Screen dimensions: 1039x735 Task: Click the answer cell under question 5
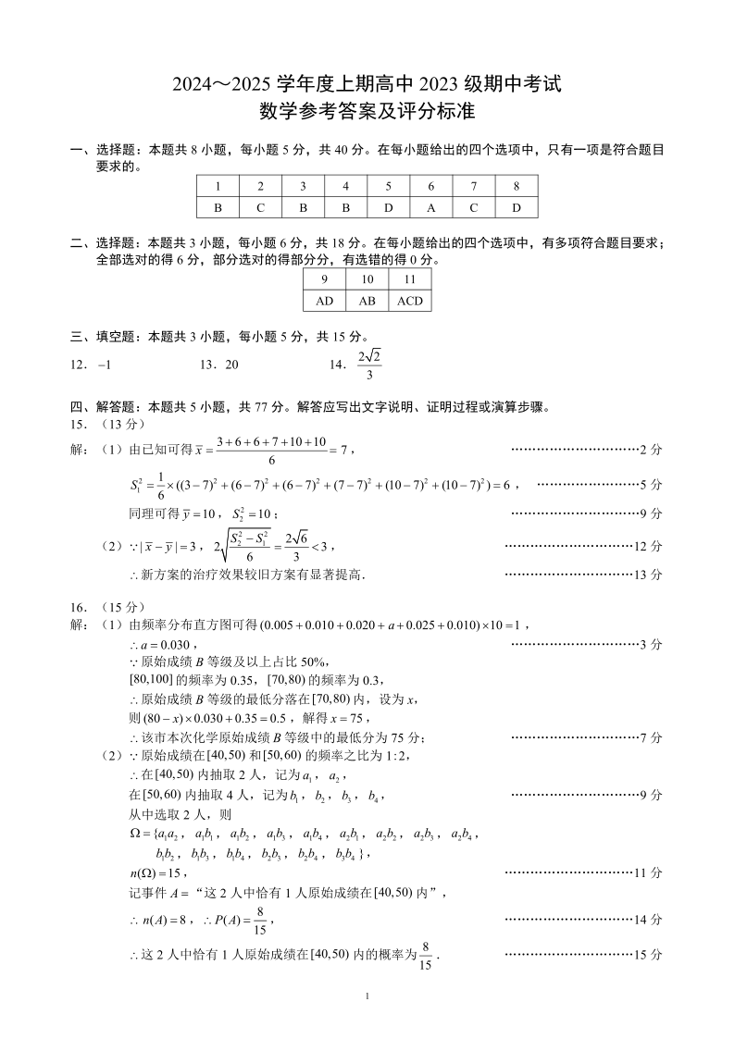pyautogui.click(x=389, y=207)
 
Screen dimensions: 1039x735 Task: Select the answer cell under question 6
pyautogui.click(x=431, y=207)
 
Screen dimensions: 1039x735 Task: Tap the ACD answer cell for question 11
pyautogui.click(x=409, y=301)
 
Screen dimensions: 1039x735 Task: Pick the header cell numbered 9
pyautogui.click(x=324, y=278)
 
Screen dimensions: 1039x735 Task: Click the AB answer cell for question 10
pyautogui.click(x=367, y=301)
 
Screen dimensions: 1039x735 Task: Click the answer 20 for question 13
pyautogui.click(x=231, y=365)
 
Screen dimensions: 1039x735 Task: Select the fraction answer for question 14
pyautogui.click(x=368, y=364)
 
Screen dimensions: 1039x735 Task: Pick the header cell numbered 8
pyautogui.click(x=517, y=185)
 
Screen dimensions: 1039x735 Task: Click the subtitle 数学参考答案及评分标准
pyautogui.click(x=367, y=113)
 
